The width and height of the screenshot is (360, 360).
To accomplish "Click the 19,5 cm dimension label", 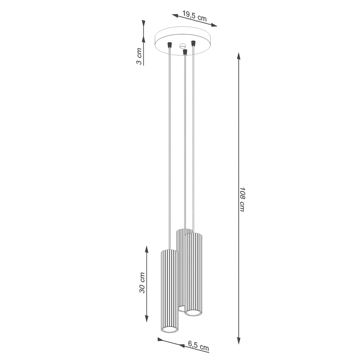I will (194, 16).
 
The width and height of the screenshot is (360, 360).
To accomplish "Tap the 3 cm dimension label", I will (139, 56).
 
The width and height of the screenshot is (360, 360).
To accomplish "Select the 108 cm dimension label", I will (242, 199).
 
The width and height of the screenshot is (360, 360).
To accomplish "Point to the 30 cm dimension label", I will (142, 283).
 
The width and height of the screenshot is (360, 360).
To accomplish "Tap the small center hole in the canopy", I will (182, 46).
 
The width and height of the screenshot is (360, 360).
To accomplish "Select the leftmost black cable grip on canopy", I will (169, 45).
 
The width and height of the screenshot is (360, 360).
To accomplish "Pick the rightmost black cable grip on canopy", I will (193, 43).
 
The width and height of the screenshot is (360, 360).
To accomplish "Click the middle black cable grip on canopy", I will (185, 52).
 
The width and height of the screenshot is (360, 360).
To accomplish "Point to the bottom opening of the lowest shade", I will (169, 329).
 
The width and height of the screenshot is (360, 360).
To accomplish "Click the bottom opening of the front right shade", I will (194, 312).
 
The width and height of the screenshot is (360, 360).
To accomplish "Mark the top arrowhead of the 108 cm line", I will (239, 56).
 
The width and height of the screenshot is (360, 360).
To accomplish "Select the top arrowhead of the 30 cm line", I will (147, 250).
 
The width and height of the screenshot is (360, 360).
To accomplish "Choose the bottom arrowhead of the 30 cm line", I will (147, 319).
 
